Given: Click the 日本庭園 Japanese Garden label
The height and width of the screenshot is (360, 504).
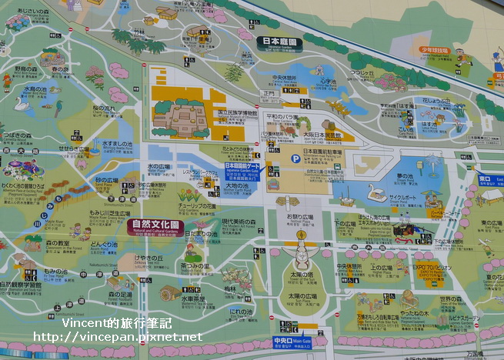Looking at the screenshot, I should click(279, 43).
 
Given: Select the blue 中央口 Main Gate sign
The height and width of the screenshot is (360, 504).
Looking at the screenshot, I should click(292, 342).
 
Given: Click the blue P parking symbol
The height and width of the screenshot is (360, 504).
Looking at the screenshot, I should click(295, 158).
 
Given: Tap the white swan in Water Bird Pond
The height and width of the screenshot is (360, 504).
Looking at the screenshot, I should click(20, 103).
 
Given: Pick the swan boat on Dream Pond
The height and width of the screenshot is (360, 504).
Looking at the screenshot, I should click(376, 193).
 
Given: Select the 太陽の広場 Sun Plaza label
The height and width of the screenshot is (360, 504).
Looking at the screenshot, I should click(302, 296).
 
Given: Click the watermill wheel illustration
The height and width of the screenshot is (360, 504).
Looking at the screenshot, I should click(170, 293).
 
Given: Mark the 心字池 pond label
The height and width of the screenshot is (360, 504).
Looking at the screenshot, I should click(328, 81).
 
